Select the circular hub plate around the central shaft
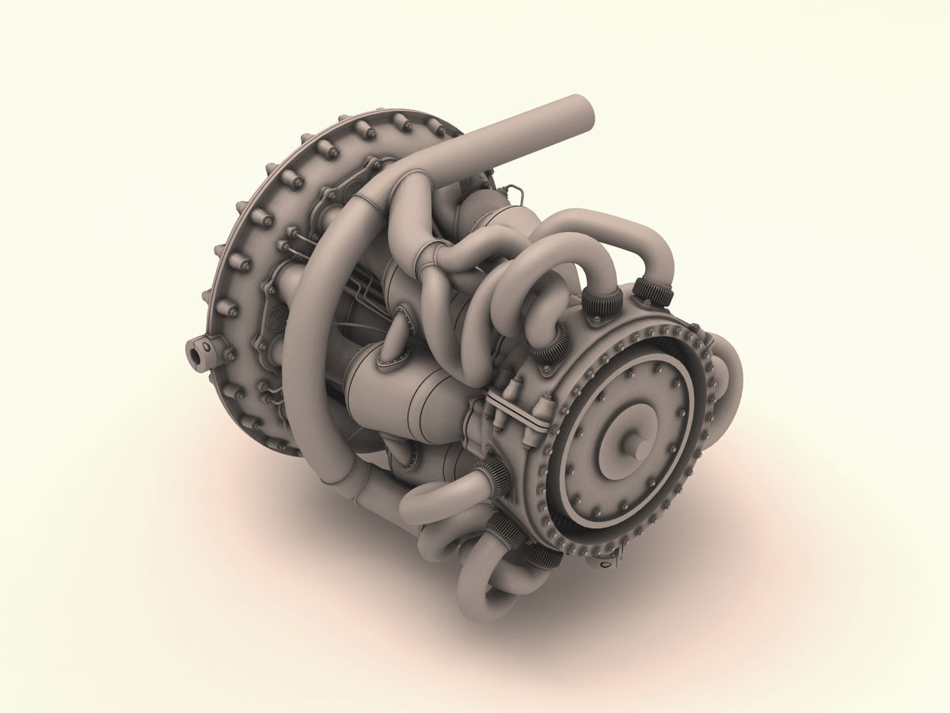[x=625, y=444]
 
